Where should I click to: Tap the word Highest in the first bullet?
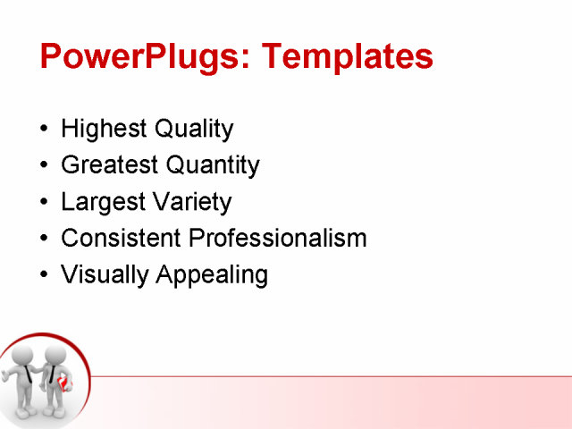pyautogui.click(x=104, y=129)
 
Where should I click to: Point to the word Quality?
pyautogui.click(x=194, y=129)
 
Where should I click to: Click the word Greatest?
pyautogui.click(x=108, y=165)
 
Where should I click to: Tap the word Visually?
pyautogui.click(x=105, y=275)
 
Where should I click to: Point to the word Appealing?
pyautogui.click(x=212, y=275)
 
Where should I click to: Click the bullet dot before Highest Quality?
pyautogui.click(x=46, y=130)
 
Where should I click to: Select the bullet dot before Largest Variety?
pyautogui.click(x=46, y=203)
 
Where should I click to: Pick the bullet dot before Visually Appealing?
pyautogui.click(x=46, y=275)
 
